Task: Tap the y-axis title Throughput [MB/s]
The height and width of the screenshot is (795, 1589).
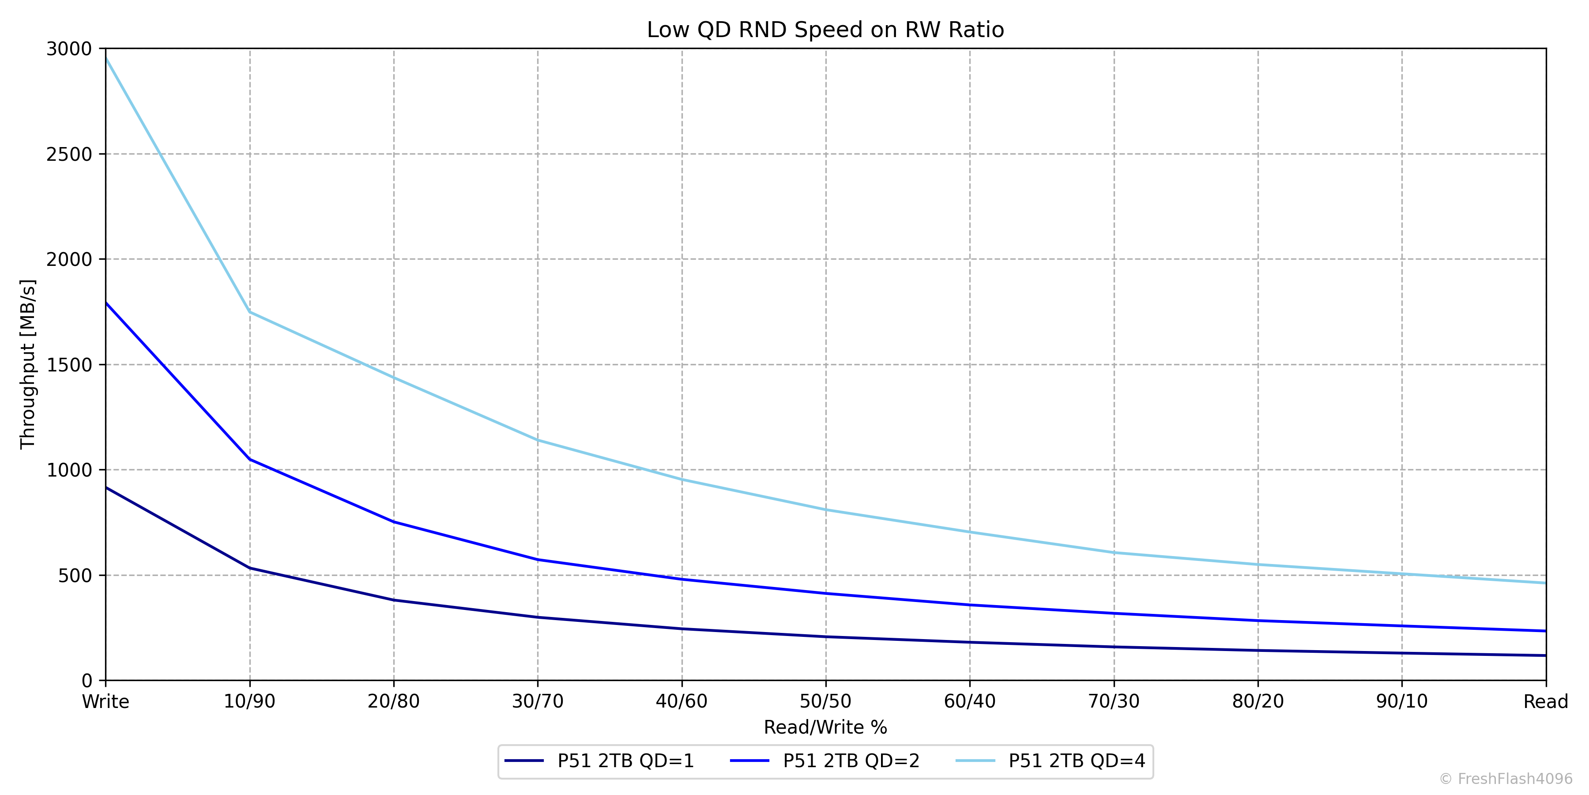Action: pyautogui.click(x=28, y=364)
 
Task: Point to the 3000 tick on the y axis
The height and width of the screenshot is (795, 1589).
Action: pyautogui.click(x=68, y=49)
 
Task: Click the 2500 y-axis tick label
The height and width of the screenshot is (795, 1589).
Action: pyautogui.click(x=68, y=154)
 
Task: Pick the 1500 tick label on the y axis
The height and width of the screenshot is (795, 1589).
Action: pyautogui.click(x=68, y=365)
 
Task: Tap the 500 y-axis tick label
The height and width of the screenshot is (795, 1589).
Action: pyautogui.click(x=75, y=575)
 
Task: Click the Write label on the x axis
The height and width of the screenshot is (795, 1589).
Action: pyautogui.click(x=105, y=702)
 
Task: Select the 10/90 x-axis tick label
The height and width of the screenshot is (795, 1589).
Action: pyautogui.click(x=249, y=702)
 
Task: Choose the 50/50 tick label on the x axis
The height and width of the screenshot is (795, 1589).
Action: pyautogui.click(x=825, y=702)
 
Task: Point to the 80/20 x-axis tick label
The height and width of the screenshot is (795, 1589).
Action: pyautogui.click(x=1258, y=702)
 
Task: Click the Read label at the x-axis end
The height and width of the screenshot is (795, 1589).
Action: pyautogui.click(x=1545, y=702)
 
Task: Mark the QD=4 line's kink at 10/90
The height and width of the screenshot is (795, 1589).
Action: pyautogui.click(x=250, y=312)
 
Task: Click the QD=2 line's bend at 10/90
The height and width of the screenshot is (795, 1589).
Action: pyautogui.click(x=250, y=459)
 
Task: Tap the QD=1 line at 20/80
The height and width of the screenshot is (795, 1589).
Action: pyautogui.click(x=394, y=600)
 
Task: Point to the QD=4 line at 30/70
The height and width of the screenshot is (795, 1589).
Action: pyautogui.click(x=538, y=440)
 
